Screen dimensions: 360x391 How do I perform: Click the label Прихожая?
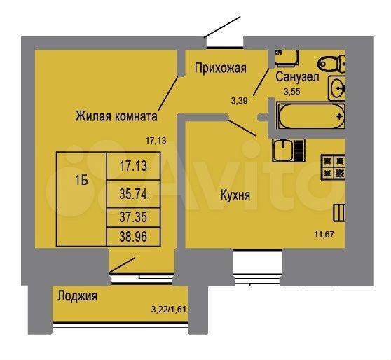tap(221, 68)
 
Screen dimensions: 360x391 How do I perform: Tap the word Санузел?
tap(298, 77)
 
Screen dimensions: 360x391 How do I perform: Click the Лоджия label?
tap(78, 296)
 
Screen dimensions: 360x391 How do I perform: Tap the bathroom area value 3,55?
tap(291, 90)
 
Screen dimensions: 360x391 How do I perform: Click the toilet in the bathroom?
tap(331, 63)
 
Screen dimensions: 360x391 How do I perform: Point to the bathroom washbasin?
tap(338, 88)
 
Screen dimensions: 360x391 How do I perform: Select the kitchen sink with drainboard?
tap(287, 149)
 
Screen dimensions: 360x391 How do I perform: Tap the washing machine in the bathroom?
tap(289, 57)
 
